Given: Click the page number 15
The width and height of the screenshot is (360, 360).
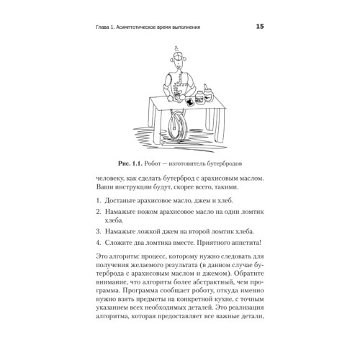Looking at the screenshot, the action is click(260, 28).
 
